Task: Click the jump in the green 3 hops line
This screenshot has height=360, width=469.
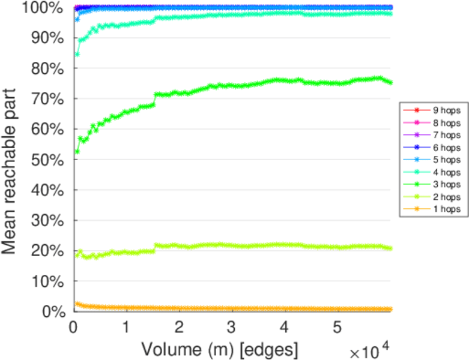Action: click(155, 100)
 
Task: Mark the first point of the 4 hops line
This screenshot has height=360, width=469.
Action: click(77, 54)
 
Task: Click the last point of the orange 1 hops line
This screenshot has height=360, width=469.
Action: click(390, 309)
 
